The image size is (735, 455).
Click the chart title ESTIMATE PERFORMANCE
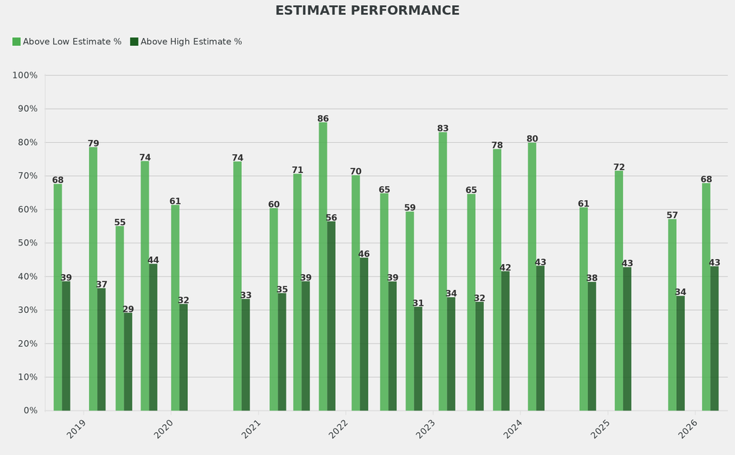coord(367,11)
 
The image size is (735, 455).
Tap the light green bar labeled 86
coord(323,266)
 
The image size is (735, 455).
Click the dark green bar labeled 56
coord(332,316)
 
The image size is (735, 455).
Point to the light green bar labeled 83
coord(443,271)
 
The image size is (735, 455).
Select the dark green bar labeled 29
coord(128,361)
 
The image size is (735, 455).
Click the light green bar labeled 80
coord(532,276)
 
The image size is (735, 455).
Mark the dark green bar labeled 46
coord(364,334)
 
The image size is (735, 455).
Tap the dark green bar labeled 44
coord(153,337)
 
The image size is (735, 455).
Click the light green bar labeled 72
coord(619,290)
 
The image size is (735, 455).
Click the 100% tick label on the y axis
coord(25,75)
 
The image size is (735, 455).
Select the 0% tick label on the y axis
coord(30,411)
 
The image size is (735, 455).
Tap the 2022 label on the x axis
coord(339,429)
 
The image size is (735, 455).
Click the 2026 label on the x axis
coord(688,429)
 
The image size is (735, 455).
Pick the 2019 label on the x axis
coord(77,429)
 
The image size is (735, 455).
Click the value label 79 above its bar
coord(93,142)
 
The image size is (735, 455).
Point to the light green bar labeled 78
coord(497,280)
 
